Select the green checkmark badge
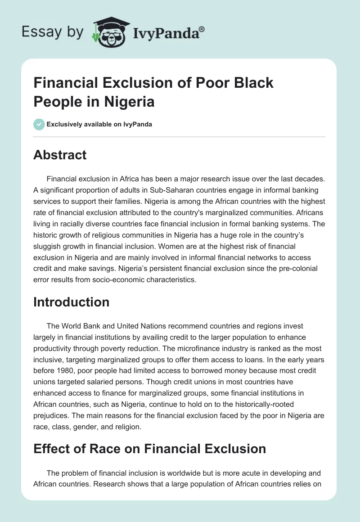[x=39, y=124]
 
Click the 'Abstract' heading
[x=60, y=155]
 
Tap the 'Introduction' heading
[x=71, y=301]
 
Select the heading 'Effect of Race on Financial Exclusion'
[x=149, y=448]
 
